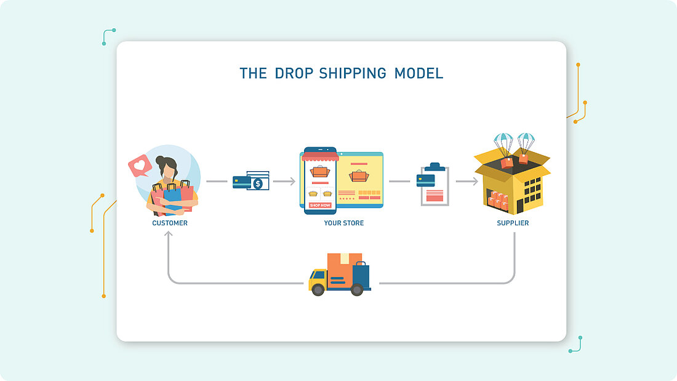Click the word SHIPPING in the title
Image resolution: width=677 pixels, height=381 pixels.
coord(353,73)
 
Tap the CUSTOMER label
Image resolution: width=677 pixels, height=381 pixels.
coord(170,223)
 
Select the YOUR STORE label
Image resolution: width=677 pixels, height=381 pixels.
coord(343,223)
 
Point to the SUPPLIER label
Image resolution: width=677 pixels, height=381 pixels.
coord(513,223)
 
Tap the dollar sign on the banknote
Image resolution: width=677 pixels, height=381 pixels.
coord(258,183)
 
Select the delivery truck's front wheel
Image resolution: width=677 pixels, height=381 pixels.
coord(319,289)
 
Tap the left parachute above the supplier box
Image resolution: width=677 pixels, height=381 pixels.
coord(503,142)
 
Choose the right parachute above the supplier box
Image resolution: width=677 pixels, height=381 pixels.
coord(526,142)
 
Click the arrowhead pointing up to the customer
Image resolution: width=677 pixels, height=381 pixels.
coord(168,235)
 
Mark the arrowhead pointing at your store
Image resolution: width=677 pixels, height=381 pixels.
coord(292,182)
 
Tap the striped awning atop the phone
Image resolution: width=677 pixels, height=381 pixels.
coord(320,157)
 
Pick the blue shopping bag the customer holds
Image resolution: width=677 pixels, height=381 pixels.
coord(172,196)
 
